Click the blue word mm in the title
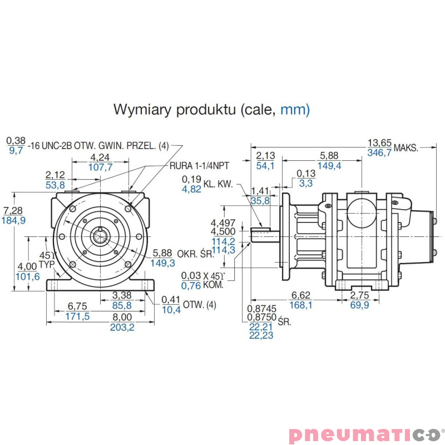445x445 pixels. (295, 109)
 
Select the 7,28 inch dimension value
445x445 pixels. (14, 210)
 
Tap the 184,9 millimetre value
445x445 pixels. (14, 220)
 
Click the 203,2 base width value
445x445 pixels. (122, 327)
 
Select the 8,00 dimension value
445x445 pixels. (122, 317)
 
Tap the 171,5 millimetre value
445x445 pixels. (78, 316)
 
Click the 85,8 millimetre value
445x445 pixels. (122, 305)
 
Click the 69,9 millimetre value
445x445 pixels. (359, 305)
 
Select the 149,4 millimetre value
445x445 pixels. (329, 166)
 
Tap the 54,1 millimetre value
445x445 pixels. (265, 166)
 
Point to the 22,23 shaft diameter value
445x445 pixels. (261, 335)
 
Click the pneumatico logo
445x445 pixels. (367, 433)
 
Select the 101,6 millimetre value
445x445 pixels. (29, 276)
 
